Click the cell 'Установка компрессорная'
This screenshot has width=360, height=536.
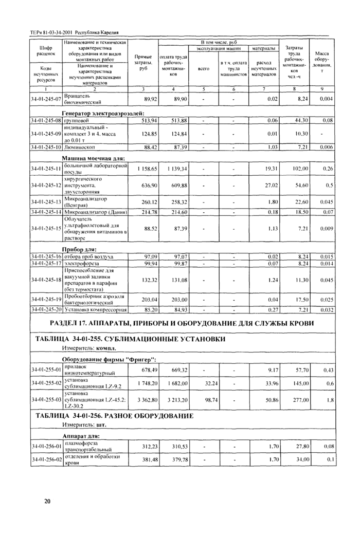click(x=96, y=310)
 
